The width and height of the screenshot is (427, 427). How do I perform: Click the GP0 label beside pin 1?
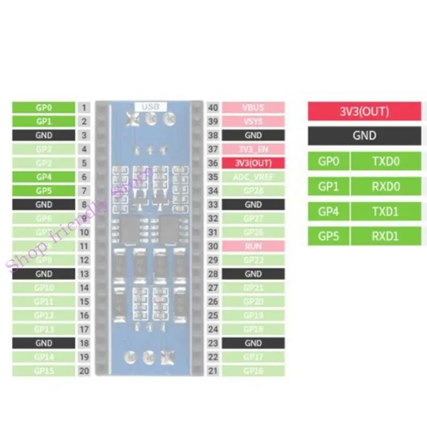(44, 107)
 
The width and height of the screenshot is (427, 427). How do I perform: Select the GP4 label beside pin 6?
(44, 177)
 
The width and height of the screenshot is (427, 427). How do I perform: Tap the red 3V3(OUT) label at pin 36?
(253, 163)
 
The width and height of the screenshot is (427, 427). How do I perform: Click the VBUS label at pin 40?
(253, 107)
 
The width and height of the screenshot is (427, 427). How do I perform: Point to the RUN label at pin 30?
(253, 246)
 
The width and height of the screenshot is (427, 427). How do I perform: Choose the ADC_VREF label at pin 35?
(253, 177)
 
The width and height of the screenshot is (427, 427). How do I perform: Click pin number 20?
(84, 371)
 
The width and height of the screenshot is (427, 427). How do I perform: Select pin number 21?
(213, 371)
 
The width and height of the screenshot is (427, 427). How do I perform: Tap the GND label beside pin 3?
(44, 135)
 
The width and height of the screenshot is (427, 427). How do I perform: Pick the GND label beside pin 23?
(253, 343)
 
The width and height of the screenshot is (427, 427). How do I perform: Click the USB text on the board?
(150, 106)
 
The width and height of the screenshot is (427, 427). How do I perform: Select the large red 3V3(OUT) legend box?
(364, 112)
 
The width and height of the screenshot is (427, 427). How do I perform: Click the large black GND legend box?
(364, 136)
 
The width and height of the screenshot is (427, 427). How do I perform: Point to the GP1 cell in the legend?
(329, 186)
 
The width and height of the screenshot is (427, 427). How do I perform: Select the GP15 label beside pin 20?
(44, 371)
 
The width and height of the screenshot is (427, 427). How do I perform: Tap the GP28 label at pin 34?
(253, 191)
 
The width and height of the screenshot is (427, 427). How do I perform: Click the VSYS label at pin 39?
(253, 121)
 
